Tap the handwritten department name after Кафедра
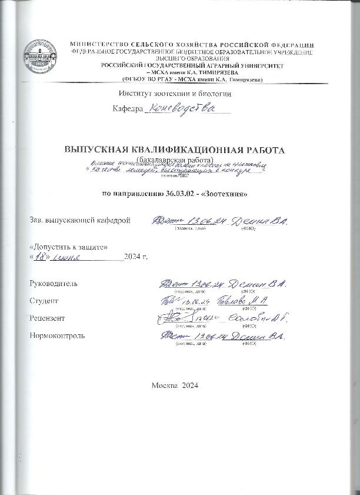point(182,108)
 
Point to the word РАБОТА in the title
point(266,149)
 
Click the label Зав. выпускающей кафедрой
point(79,220)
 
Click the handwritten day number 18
point(41,257)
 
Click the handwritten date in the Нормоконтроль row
point(206,336)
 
